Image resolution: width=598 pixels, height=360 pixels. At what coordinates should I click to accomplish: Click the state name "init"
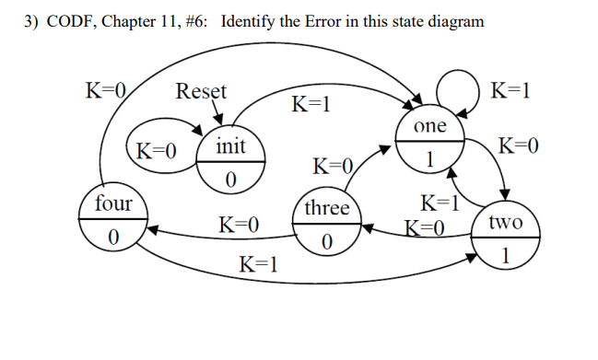pyautogui.click(x=231, y=146)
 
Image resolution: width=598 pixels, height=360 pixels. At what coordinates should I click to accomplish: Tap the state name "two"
pyautogui.click(x=505, y=222)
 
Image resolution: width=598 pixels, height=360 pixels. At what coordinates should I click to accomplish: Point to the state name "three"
pyautogui.click(x=326, y=208)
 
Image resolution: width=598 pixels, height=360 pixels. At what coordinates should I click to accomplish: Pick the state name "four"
pyautogui.click(x=112, y=203)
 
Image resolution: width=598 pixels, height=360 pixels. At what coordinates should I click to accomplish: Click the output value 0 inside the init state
pyautogui.click(x=231, y=179)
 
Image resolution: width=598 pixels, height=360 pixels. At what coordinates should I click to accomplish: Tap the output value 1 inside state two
pyautogui.click(x=505, y=254)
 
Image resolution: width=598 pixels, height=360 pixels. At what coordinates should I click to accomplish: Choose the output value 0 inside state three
pyautogui.click(x=326, y=242)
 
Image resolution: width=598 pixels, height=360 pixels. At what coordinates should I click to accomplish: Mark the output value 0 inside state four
pyautogui.click(x=112, y=237)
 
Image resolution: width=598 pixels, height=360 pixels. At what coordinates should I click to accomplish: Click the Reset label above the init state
pyautogui.click(x=201, y=91)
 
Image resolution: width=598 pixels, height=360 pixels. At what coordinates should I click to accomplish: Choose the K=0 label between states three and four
pyautogui.click(x=239, y=224)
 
